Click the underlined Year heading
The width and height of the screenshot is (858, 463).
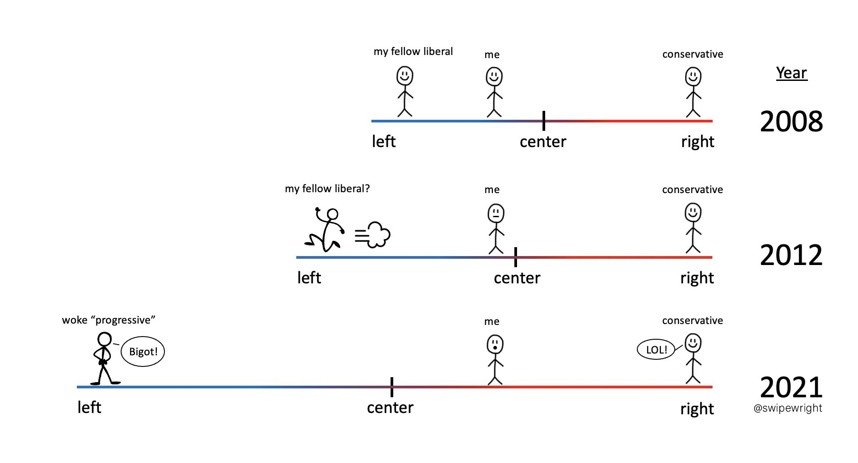(x=791, y=73)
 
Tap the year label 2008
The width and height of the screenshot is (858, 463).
(x=791, y=121)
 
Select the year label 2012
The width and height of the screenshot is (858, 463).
(x=791, y=255)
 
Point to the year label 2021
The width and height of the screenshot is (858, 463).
(x=791, y=387)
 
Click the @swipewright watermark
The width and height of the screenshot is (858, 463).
(x=787, y=408)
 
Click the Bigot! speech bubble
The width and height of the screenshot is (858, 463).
(x=143, y=351)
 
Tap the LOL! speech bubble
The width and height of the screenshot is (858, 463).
(x=656, y=349)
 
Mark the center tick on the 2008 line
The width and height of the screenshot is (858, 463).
(x=543, y=121)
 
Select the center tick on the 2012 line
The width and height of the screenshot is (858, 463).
(x=516, y=257)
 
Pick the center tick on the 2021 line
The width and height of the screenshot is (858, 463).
(x=391, y=387)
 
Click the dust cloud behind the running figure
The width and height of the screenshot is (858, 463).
(x=374, y=235)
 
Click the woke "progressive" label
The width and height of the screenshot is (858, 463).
(x=109, y=320)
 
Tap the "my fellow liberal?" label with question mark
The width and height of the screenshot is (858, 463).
(x=327, y=189)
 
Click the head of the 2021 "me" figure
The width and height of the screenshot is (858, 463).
(x=495, y=345)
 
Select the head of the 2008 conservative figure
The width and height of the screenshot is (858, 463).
(x=693, y=76)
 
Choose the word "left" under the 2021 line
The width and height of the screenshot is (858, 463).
(x=89, y=407)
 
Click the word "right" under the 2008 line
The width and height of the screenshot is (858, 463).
(x=697, y=142)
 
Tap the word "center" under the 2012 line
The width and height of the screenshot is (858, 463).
(x=517, y=278)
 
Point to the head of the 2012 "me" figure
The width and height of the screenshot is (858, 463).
(x=496, y=213)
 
